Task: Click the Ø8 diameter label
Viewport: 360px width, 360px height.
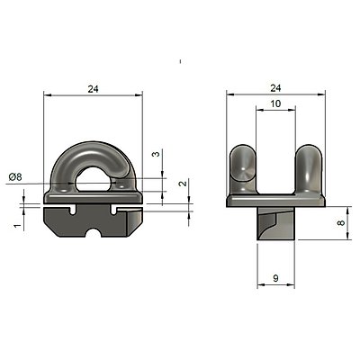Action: pos(15,177)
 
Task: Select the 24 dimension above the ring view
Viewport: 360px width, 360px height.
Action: pos(93,89)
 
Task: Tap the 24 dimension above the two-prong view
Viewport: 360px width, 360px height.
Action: pos(275,88)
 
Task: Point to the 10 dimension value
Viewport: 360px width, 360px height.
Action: pos(275,103)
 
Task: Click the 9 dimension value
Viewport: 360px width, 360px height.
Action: pos(276,278)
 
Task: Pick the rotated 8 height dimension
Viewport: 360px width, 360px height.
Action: pos(341,222)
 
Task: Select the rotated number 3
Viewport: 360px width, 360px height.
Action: pos(157,154)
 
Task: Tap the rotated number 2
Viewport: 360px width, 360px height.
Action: pos(183,183)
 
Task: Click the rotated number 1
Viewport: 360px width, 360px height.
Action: pos(19,225)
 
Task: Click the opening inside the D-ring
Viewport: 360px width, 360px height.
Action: pos(94,179)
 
